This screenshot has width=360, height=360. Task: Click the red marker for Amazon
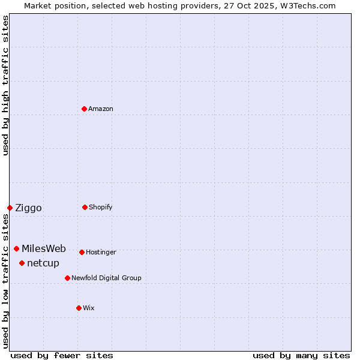coord(85,109)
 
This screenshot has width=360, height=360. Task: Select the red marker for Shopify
coord(85,207)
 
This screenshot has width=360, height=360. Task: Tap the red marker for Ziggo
coord(10,208)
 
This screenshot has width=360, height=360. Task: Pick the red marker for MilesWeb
coord(16,248)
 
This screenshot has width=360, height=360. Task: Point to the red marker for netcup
coord(22,263)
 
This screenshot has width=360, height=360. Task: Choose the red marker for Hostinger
coord(82,252)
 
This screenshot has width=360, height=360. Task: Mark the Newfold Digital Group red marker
coord(67,278)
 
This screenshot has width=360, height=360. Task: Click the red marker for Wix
coord(79,308)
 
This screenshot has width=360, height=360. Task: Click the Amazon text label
coord(101,109)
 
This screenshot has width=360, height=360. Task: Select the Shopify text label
coord(101,207)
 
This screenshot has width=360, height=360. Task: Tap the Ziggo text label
coord(28,208)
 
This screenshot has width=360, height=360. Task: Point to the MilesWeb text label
coord(44,249)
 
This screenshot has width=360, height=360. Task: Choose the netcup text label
coord(43,263)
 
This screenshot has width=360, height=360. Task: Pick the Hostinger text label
coord(101,252)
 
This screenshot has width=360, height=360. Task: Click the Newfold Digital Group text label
coord(106,278)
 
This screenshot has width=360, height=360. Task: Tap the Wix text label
coord(89,308)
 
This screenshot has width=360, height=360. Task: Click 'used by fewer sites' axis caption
coord(62,355)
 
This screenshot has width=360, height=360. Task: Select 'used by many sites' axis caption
coord(301,355)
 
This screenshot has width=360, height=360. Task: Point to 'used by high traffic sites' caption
coord(5,85)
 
